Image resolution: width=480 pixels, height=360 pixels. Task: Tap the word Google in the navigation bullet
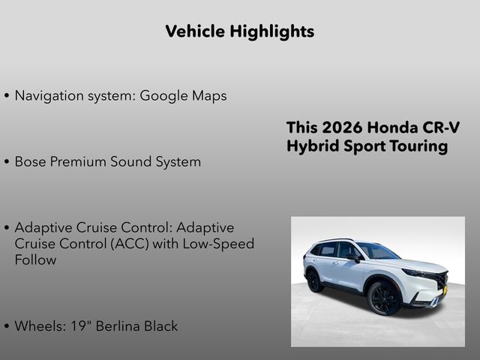click(164, 96)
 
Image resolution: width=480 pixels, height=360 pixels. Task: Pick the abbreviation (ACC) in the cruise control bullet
click(126, 244)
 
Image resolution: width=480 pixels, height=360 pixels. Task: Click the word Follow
click(35, 260)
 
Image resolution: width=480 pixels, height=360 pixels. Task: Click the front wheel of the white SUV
click(384, 298)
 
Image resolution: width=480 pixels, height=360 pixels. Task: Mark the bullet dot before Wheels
click(7, 326)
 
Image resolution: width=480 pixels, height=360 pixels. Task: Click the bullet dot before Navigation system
click(7, 97)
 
